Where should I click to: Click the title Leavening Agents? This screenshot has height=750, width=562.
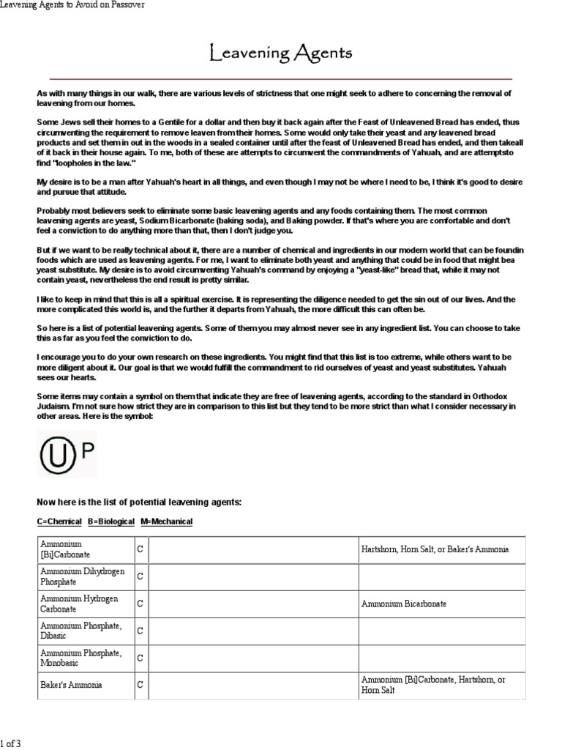(x=280, y=53)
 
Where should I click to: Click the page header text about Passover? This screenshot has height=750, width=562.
(x=72, y=5)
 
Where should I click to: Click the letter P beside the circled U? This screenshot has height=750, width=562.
(x=87, y=451)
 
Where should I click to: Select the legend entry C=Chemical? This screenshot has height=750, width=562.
(x=59, y=521)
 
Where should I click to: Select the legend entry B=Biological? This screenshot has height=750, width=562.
(x=111, y=521)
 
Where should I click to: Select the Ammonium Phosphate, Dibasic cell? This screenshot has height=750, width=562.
(x=80, y=630)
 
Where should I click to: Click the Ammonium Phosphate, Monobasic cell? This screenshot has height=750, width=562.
(x=80, y=657)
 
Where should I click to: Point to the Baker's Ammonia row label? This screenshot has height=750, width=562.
(x=71, y=685)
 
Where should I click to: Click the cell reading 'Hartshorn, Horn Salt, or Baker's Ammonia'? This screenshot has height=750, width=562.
(x=435, y=549)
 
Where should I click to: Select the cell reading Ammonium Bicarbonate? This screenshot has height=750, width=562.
(x=404, y=604)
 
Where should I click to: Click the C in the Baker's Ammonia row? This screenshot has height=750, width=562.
(x=140, y=685)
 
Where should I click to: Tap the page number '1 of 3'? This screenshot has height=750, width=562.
(x=11, y=743)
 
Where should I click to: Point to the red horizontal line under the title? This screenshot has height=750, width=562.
(x=280, y=78)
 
